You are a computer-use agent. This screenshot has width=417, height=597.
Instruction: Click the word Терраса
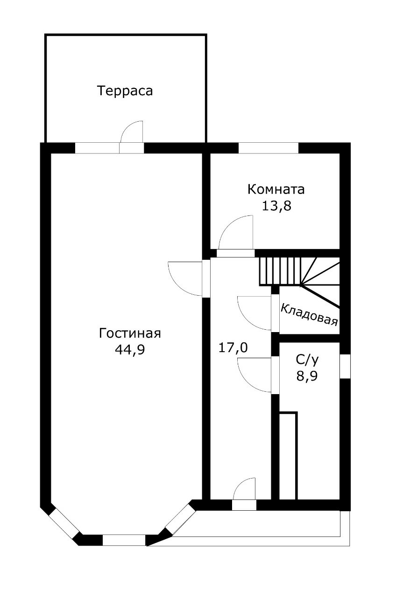point(125,91)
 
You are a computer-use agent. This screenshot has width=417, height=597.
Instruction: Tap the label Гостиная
point(130,333)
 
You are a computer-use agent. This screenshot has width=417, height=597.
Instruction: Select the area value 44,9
point(130,350)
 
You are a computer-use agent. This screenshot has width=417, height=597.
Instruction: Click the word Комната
point(276,189)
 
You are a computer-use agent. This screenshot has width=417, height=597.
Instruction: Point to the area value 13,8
point(276,206)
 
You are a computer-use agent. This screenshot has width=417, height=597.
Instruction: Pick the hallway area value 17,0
point(233,347)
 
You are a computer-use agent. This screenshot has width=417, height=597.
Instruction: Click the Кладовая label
point(309,314)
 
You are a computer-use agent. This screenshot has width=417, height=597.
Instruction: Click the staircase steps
point(279,271)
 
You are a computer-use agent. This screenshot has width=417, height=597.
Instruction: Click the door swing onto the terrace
point(131,132)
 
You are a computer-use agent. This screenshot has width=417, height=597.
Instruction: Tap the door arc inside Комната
point(236,232)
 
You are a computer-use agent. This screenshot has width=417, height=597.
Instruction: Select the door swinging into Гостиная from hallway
point(185,278)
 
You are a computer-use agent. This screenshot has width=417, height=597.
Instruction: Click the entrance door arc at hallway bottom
point(244,489)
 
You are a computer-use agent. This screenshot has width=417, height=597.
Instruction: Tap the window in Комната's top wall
point(268,148)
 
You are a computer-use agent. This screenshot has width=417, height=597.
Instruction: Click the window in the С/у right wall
point(345,366)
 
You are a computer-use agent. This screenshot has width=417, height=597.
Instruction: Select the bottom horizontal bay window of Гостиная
point(124,540)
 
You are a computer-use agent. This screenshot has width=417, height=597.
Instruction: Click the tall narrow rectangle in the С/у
point(288,456)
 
